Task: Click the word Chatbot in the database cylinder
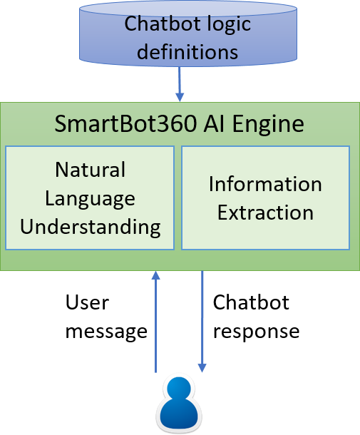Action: (x=159, y=24)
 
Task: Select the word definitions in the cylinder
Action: (x=187, y=51)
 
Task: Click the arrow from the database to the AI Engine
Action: (x=180, y=84)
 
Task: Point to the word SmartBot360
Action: (x=125, y=124)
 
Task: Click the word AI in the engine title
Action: (x=214, y=124)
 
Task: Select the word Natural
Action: (x=90, y=170)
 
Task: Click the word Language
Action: (x=90, y=200)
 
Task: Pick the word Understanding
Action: (x=90, y=227)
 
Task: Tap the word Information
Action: (x=265, y=184)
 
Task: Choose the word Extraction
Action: (x=265, y=213)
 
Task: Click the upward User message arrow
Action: (x=155, y=322)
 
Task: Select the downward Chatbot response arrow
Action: (x=202, y=322)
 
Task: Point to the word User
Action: (x=87, y=302)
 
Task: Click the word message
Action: (x=106, y=332)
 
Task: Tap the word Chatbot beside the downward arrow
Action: (x=251, y=302)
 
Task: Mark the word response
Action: (x=256, y=332)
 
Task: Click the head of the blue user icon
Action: (x=179, y=389)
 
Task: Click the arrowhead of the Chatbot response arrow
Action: (x=202, y=368)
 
